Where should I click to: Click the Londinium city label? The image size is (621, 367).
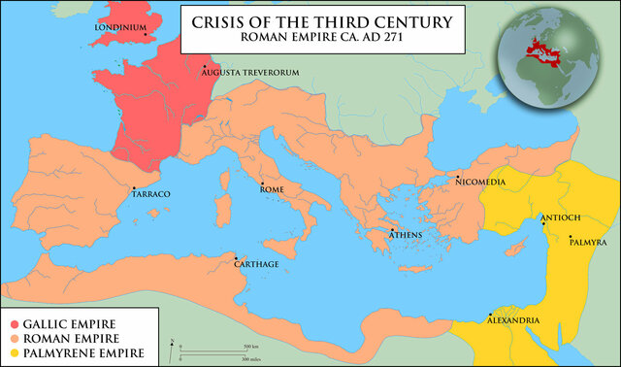click(x=118, y=27)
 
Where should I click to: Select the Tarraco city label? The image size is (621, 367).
click(x=151, y=194)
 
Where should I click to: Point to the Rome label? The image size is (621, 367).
click(x=272, y=190)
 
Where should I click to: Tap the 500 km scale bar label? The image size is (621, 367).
click(x=250, y=346)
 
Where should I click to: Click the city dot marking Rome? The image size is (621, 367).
click(x=261, y=183)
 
